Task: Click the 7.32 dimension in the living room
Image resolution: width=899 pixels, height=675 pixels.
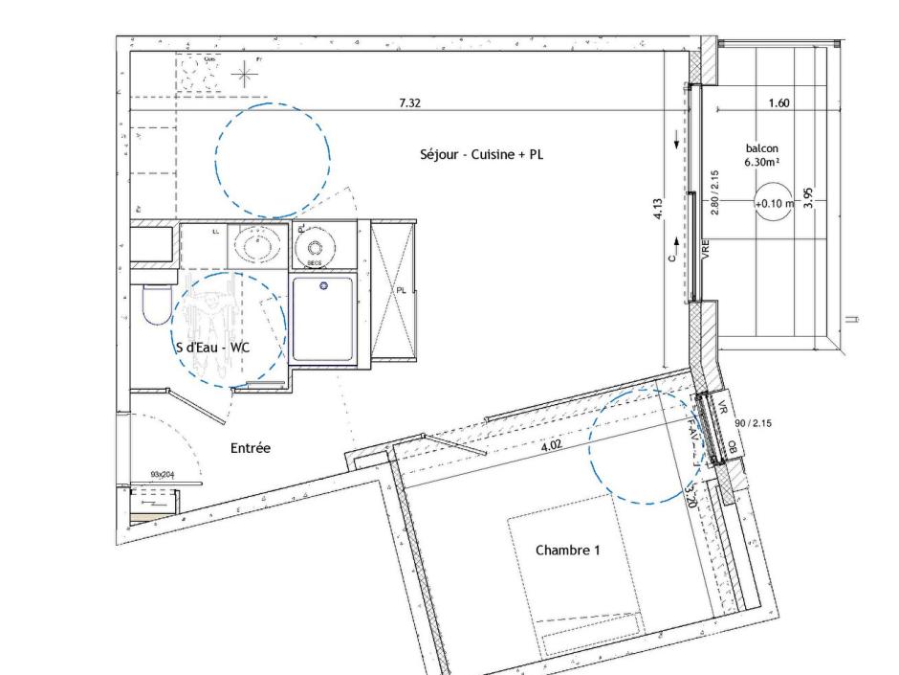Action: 409,103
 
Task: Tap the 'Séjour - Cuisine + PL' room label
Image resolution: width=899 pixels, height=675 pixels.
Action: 482,154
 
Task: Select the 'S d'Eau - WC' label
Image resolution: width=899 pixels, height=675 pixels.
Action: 212,348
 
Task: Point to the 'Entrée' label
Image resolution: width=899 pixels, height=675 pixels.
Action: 251,448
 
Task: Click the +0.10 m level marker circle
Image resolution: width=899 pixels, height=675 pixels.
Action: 774,203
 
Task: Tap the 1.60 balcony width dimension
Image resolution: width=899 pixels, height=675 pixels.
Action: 778,103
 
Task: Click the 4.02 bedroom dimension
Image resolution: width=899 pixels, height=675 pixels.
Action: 552,444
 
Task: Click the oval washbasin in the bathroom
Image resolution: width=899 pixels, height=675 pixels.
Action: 257,247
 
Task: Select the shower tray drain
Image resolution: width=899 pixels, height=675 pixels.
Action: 323,286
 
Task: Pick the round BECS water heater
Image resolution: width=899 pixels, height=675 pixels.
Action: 314,250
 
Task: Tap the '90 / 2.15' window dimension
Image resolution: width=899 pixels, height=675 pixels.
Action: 752,422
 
